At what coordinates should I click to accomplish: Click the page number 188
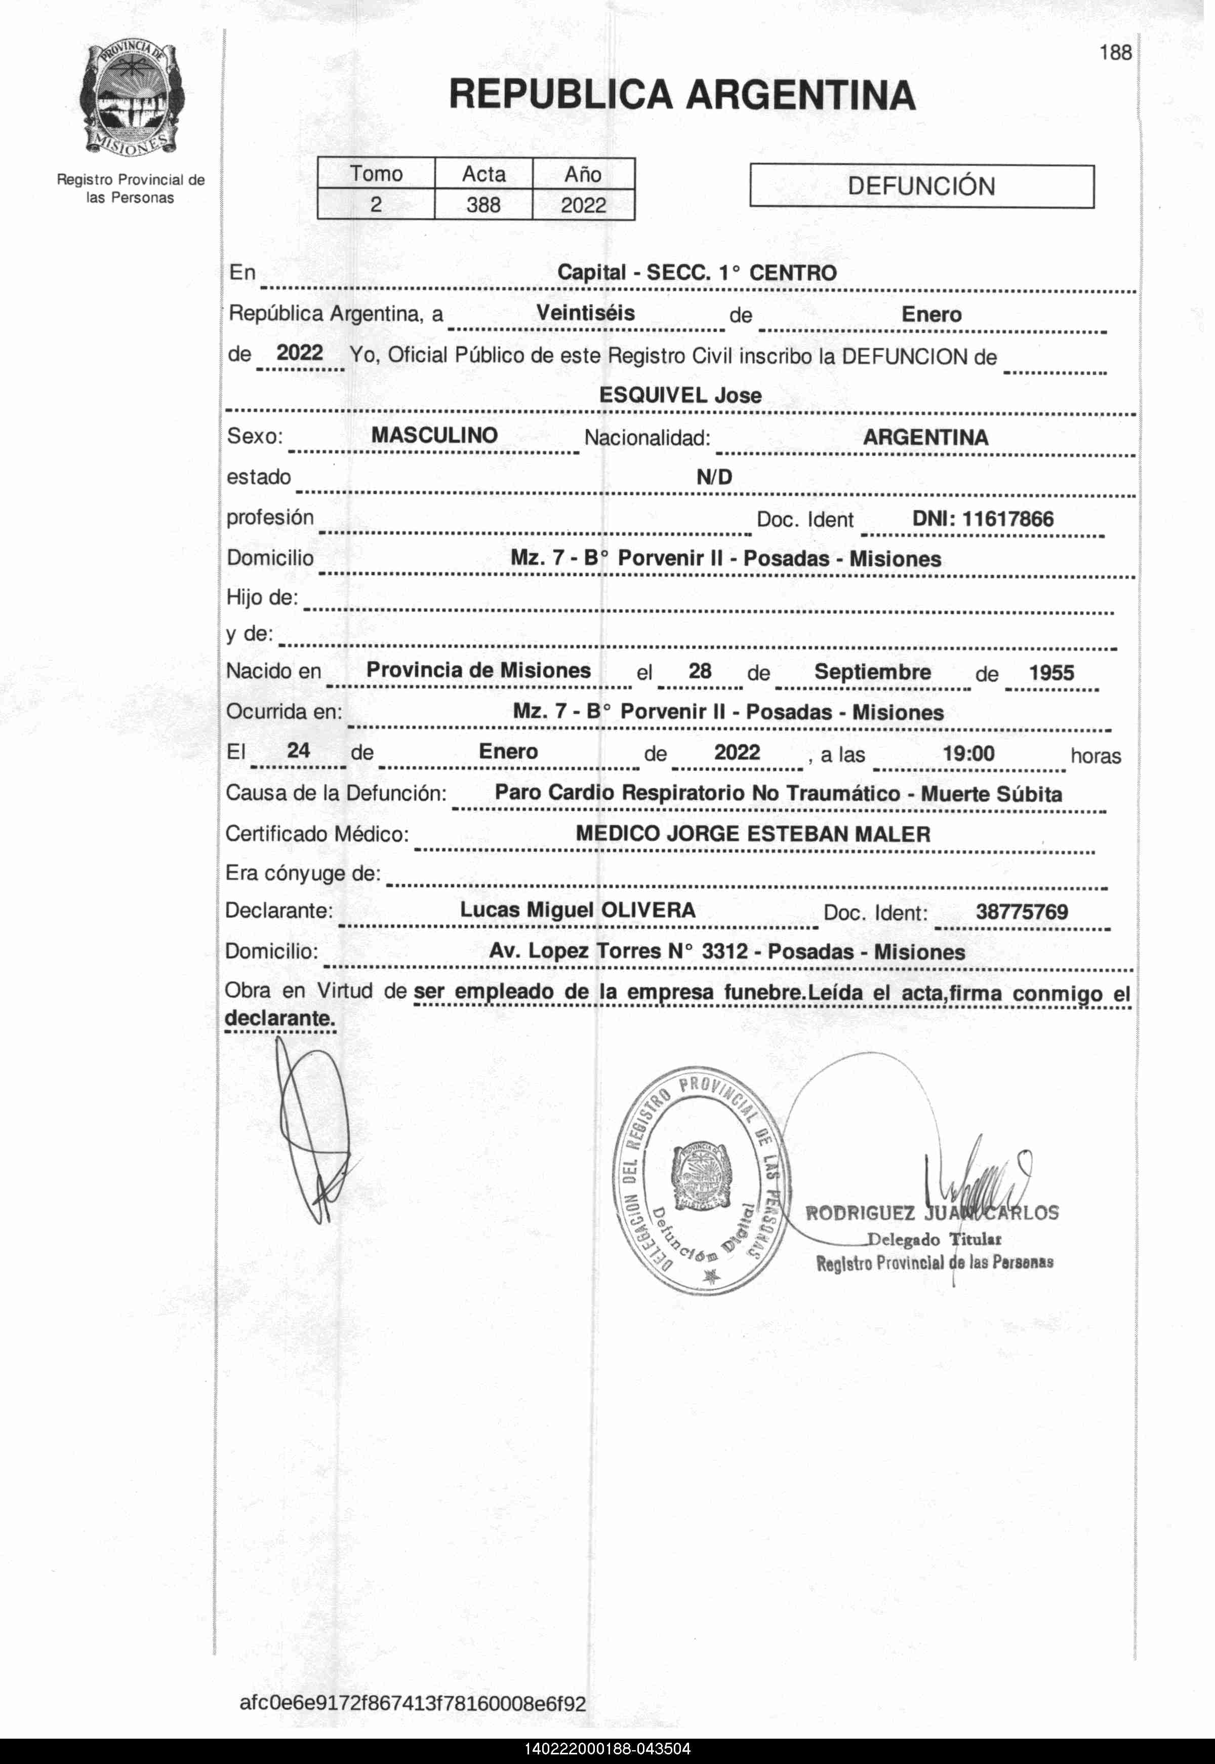1115,53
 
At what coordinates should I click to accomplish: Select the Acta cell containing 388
483,205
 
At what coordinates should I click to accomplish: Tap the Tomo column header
376,174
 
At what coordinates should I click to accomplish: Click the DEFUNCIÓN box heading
921,186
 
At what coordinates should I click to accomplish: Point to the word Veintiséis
585,313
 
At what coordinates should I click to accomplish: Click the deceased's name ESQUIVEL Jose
680,395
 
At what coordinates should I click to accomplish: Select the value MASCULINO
434,436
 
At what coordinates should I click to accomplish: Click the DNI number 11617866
1008,519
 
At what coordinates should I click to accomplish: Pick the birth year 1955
1051,673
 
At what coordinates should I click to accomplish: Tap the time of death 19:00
968,753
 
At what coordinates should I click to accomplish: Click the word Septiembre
872,672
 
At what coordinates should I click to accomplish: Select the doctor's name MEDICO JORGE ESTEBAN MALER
753,834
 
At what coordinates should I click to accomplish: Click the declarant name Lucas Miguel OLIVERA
578,910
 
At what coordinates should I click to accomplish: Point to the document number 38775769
1022,912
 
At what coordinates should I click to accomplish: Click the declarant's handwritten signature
312,1127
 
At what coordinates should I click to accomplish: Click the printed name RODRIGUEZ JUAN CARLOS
932,1213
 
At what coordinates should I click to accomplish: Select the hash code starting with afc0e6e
413,1704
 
